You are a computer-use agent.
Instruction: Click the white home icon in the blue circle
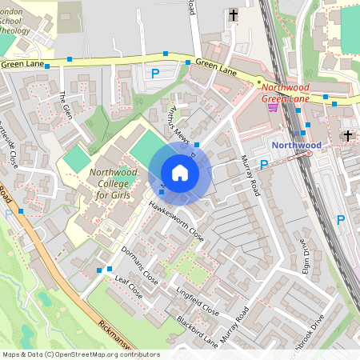(180, 173)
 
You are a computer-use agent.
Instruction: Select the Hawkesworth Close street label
(176, 220)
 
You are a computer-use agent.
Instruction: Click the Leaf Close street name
(128, 287)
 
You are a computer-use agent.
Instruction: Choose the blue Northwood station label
(296, 145)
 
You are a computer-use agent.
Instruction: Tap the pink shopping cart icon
(273, 107)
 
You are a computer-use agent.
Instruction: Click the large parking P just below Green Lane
(155, 74)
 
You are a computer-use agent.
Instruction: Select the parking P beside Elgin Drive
(341, 219)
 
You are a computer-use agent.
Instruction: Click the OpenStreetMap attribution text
(80, 354)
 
